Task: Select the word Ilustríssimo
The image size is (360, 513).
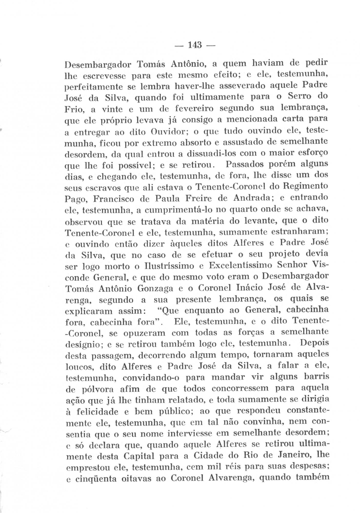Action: pos(168,266)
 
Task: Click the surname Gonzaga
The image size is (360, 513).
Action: pos(155,289)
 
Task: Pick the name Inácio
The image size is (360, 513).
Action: pos(251,288)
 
